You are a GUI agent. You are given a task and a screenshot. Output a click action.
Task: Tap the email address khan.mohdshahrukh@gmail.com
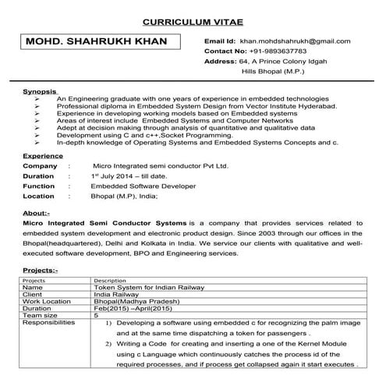tap(295, 40)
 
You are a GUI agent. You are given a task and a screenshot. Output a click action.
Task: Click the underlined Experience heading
tap(43, 156)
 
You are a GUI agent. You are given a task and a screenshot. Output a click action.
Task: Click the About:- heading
tap(37, 212)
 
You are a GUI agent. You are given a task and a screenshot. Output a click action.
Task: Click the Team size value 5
tap(96, 315)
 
